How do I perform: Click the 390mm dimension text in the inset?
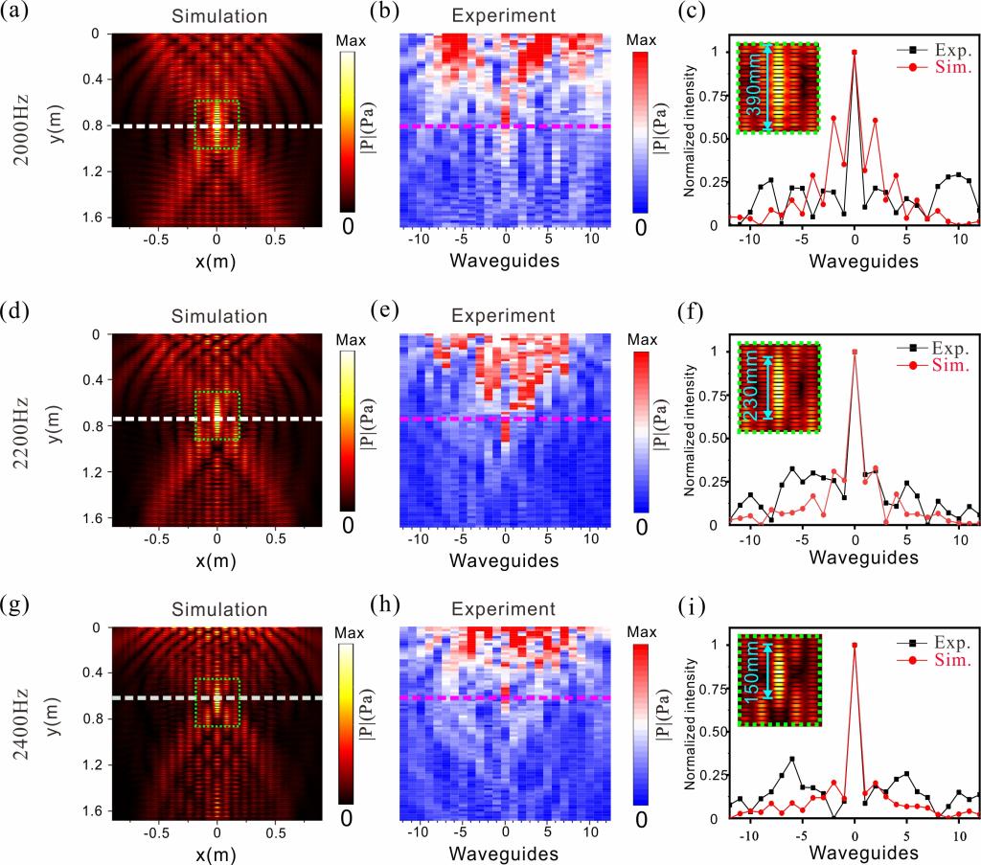tap(756, 93)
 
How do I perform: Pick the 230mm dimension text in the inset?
tap(756, 393)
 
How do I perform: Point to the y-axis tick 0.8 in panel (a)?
tap(93, 125)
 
